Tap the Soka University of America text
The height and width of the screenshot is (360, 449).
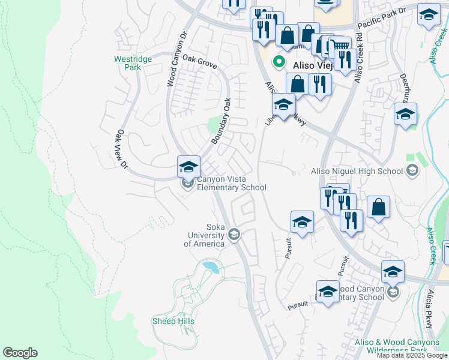[204, 235]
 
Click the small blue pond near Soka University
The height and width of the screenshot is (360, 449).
[209, 265]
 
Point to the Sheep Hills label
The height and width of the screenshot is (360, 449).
[173, 322]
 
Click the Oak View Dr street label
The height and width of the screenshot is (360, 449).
[122, 149]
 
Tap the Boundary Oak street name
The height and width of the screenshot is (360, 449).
[221, 121]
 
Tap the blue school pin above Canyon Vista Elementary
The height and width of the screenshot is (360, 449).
[188, 166]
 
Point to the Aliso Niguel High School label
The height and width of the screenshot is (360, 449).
[357, 172]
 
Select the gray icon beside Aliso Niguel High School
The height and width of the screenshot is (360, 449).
[412, 172]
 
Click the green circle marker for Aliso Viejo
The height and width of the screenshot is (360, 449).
[279, 61]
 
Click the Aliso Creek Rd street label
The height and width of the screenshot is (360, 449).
[358, 59]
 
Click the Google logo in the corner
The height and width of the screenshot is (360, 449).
[20, 353]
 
